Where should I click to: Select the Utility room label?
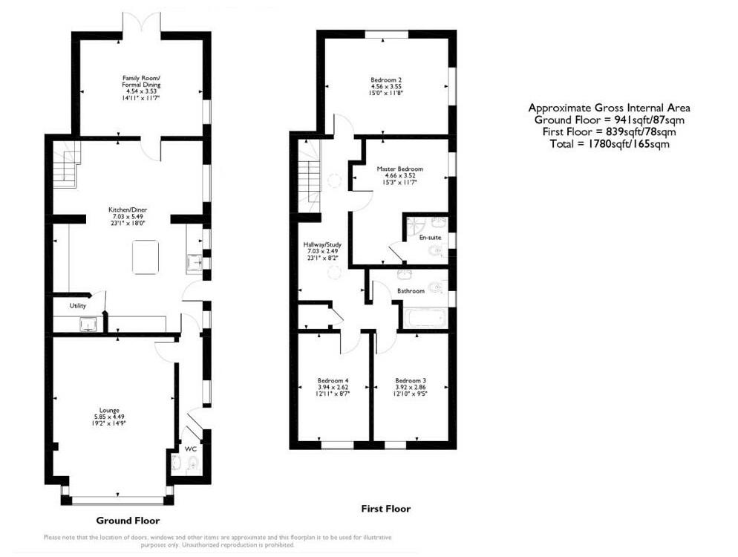click(78, 305)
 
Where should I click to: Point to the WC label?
click(190, 449)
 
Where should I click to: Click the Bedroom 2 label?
click(386, 79)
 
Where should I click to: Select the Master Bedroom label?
click(399, 169)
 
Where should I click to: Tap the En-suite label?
click(429, 238)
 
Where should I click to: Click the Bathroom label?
click(411, 290)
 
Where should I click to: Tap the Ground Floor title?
click(128, 521)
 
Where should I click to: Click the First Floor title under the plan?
click(385, 509)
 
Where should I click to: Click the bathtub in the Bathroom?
click(423, 319)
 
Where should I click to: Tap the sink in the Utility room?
click(89, 324)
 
